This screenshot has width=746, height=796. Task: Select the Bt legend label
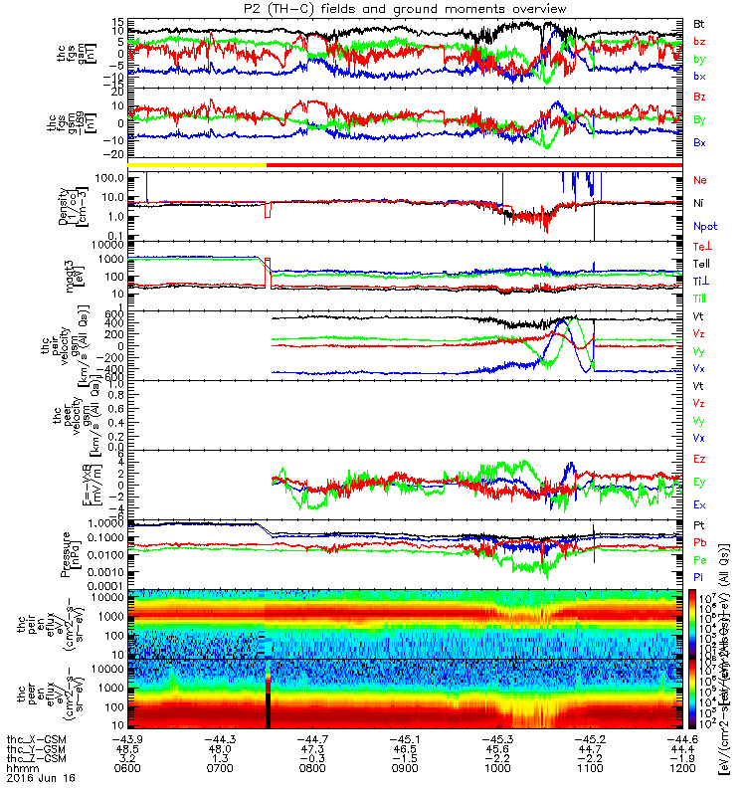click(700, 22)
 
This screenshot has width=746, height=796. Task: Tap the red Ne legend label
click(700, 180)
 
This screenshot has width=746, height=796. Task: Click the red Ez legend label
click(700, 459)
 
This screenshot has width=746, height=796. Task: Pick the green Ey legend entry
click(700, 483)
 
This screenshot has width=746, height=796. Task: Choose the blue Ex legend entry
click(700, 505)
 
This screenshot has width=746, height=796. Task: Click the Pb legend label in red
click(700, 542)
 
